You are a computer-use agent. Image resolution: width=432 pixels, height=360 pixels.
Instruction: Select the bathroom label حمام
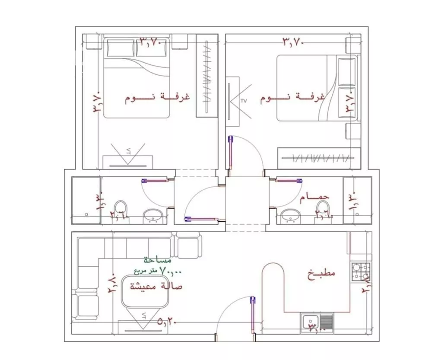[x=315, y=197]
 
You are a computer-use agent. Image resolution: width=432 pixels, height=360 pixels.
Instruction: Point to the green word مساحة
[x=158, y=261]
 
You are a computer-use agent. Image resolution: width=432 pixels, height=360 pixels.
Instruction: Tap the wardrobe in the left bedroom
[x=206, y=76]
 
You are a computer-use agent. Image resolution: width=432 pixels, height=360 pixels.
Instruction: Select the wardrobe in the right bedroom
[x=319, y=158]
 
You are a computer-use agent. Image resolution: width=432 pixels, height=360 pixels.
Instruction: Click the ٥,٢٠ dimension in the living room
[x=168, y=321]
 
